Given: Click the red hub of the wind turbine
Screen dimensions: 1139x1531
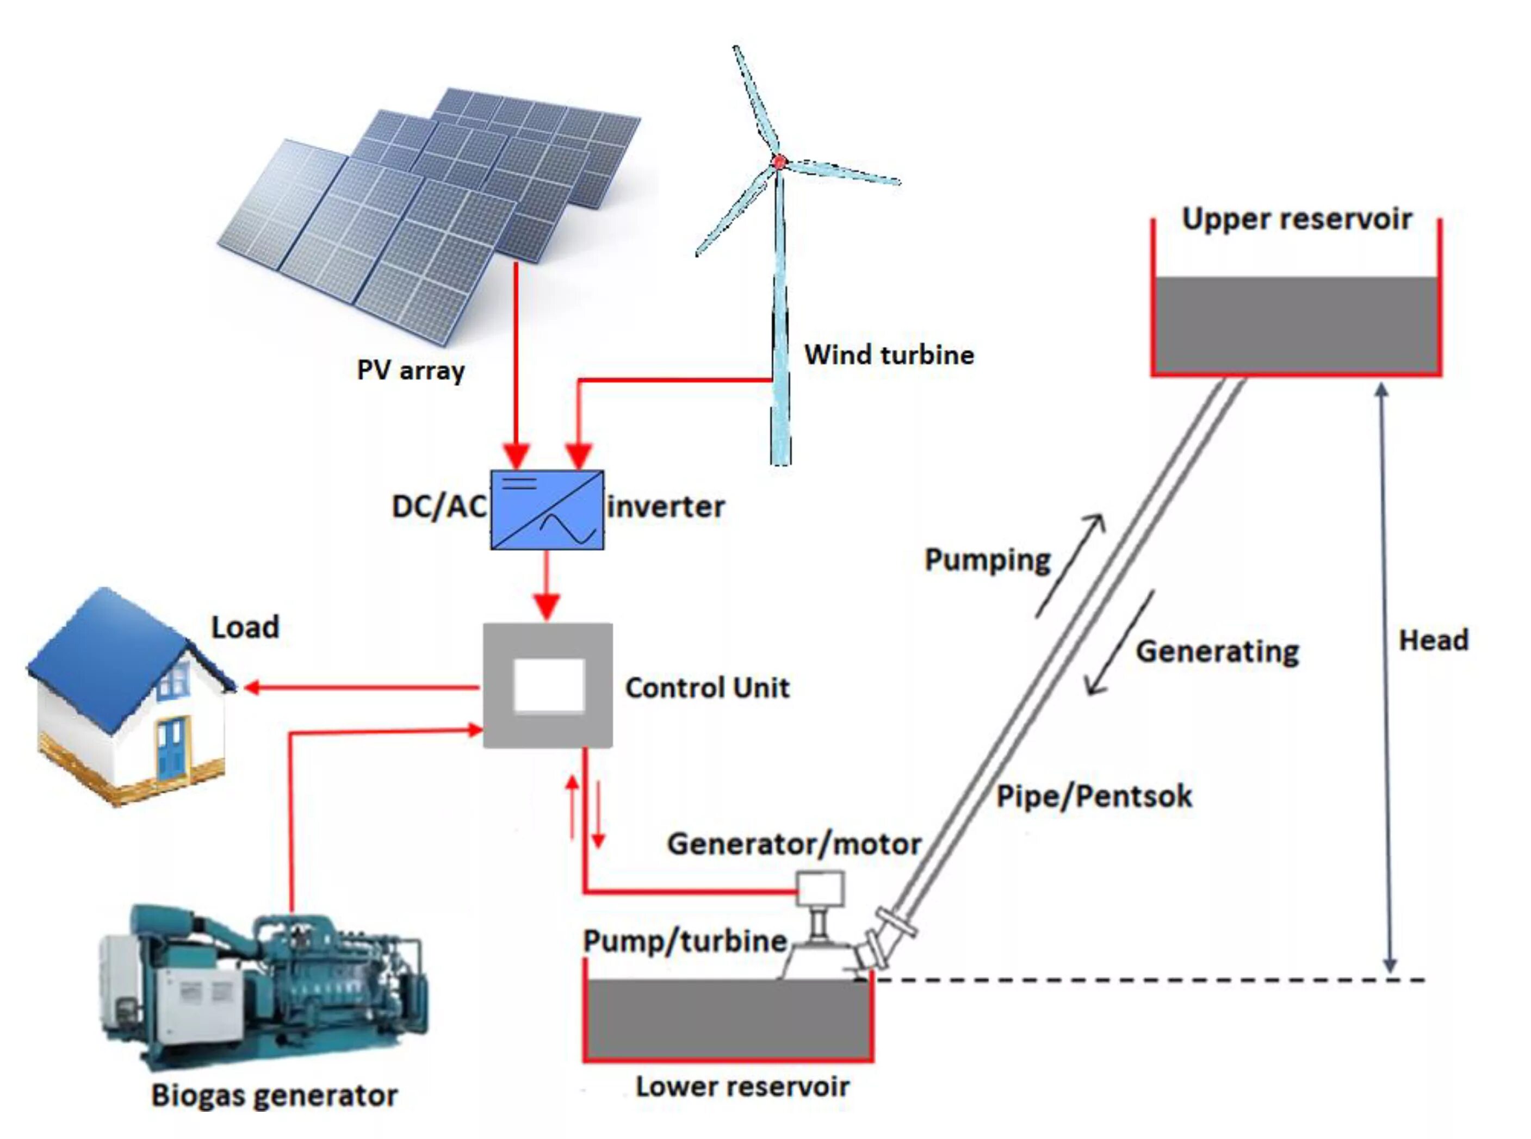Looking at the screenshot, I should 779,162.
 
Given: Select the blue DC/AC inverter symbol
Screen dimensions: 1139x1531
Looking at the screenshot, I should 547,510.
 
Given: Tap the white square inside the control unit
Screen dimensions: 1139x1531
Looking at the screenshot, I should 549,686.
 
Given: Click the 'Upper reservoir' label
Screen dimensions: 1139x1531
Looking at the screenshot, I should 1297,219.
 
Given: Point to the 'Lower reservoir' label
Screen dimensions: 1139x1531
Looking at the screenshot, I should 742,1087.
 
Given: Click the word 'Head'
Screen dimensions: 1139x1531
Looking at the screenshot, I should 1433,640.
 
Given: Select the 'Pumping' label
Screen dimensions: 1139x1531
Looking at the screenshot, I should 987,560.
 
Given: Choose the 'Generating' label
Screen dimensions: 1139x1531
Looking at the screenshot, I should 1217,651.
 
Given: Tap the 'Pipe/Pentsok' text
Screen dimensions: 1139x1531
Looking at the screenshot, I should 1094,797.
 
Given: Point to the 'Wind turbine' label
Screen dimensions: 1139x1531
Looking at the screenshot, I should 889,355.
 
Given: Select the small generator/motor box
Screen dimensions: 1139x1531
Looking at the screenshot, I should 820,889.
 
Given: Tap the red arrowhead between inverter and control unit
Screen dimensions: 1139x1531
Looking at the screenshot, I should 547,606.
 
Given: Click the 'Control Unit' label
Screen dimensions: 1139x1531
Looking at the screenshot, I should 707,688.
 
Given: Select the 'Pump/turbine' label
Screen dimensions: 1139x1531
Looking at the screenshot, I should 685,941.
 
